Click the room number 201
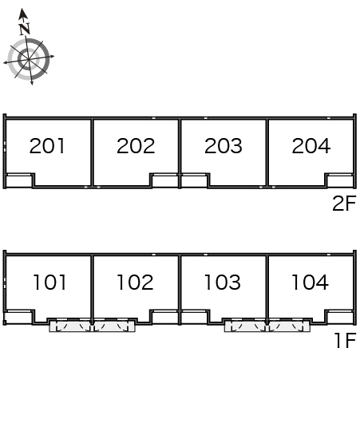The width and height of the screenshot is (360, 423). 47,146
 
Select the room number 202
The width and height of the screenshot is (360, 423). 136,146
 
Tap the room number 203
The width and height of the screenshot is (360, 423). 224,146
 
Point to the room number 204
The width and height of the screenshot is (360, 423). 311,146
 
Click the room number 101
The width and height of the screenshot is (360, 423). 49,283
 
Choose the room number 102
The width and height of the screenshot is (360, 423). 136,283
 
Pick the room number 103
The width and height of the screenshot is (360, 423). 223,283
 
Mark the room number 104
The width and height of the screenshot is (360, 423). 311,283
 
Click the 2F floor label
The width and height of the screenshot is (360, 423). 344,204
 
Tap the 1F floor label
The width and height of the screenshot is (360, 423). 346,340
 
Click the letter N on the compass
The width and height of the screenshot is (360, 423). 25,29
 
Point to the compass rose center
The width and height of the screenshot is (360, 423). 29,59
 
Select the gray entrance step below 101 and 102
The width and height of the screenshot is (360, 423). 92,326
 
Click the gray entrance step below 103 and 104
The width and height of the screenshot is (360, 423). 267,326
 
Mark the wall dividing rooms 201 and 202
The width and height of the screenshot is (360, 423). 92,152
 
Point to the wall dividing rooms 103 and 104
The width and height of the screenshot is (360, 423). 267,289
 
